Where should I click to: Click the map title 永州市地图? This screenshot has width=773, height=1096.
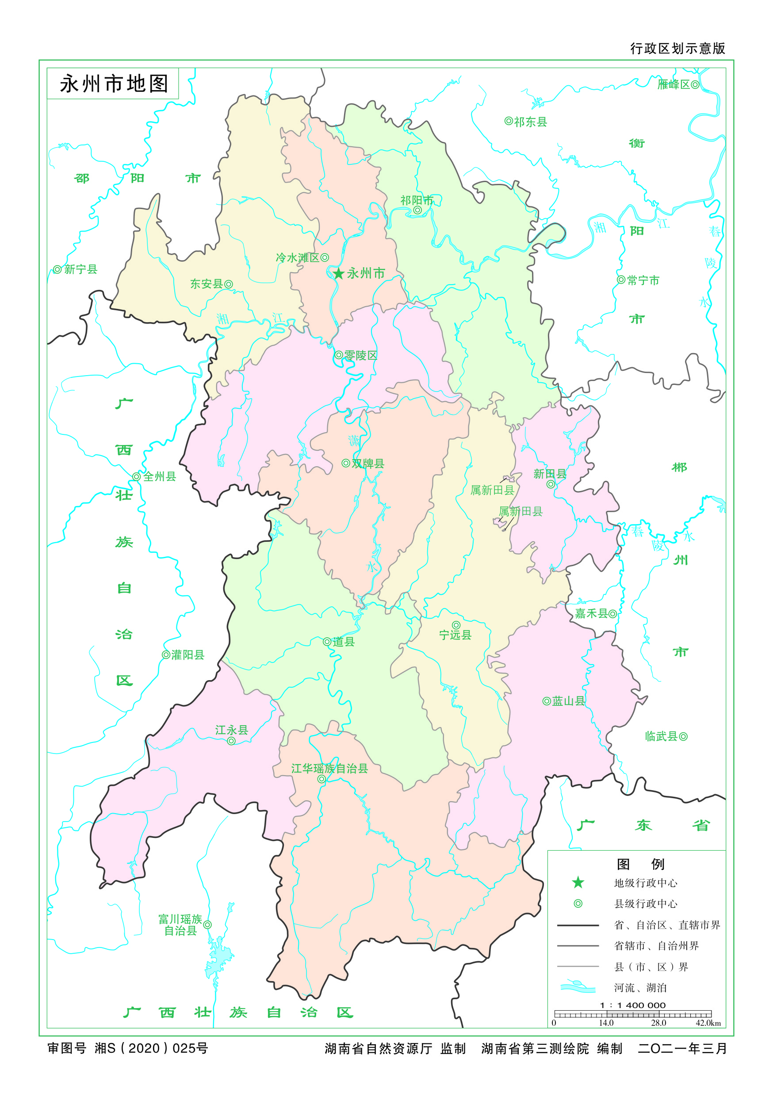click(x=114, y=84)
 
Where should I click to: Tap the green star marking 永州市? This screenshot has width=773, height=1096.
click(x=339, y=274)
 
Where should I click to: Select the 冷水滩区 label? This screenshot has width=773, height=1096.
click(x=297, y=258)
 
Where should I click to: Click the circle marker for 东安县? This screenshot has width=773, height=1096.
click(x=229, y=284)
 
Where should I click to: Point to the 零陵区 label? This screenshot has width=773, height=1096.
click(x=361, y=355)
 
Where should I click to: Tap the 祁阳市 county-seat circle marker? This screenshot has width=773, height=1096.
click(x=417, y=210)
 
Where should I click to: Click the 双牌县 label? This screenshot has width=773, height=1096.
click(x=368, y=464)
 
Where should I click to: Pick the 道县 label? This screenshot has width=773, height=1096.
click(x=344, y=642)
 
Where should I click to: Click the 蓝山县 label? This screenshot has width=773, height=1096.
click(x=569, y=701)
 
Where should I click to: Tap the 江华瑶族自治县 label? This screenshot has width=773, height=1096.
click(x=329, y=768)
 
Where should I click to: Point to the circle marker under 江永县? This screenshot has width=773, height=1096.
click(x=231, y=741)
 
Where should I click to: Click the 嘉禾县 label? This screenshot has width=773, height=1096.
click(x=591, y=613)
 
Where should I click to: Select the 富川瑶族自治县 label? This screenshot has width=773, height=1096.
click(x=180, y=925)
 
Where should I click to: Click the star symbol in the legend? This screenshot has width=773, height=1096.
click(x=578, y=882)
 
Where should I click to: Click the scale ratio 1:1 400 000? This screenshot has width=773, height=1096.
click(x=632, y=1005)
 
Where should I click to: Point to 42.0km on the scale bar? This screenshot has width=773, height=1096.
click(x=708, y=1023)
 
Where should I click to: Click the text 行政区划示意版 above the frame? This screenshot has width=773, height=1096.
click(x=677, y=48)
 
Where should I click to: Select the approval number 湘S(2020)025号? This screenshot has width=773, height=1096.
click(x=151, y=1048)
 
